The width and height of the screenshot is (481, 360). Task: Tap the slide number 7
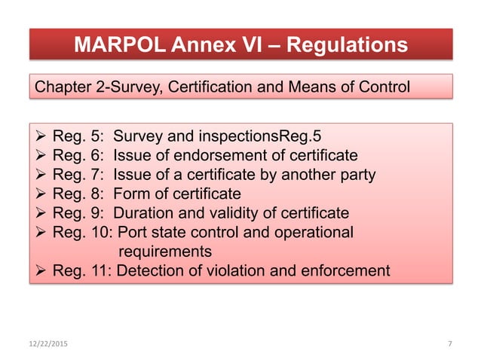[449, 343]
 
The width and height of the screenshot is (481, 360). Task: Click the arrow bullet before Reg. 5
[41, 137]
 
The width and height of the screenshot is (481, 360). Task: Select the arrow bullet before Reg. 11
[41, 270]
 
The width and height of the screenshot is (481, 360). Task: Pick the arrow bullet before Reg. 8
[41, 194]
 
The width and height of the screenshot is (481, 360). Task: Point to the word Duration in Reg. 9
[142, 213]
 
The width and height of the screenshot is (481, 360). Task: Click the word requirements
[164, 251]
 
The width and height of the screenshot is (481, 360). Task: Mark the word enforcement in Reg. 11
[344, 270]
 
